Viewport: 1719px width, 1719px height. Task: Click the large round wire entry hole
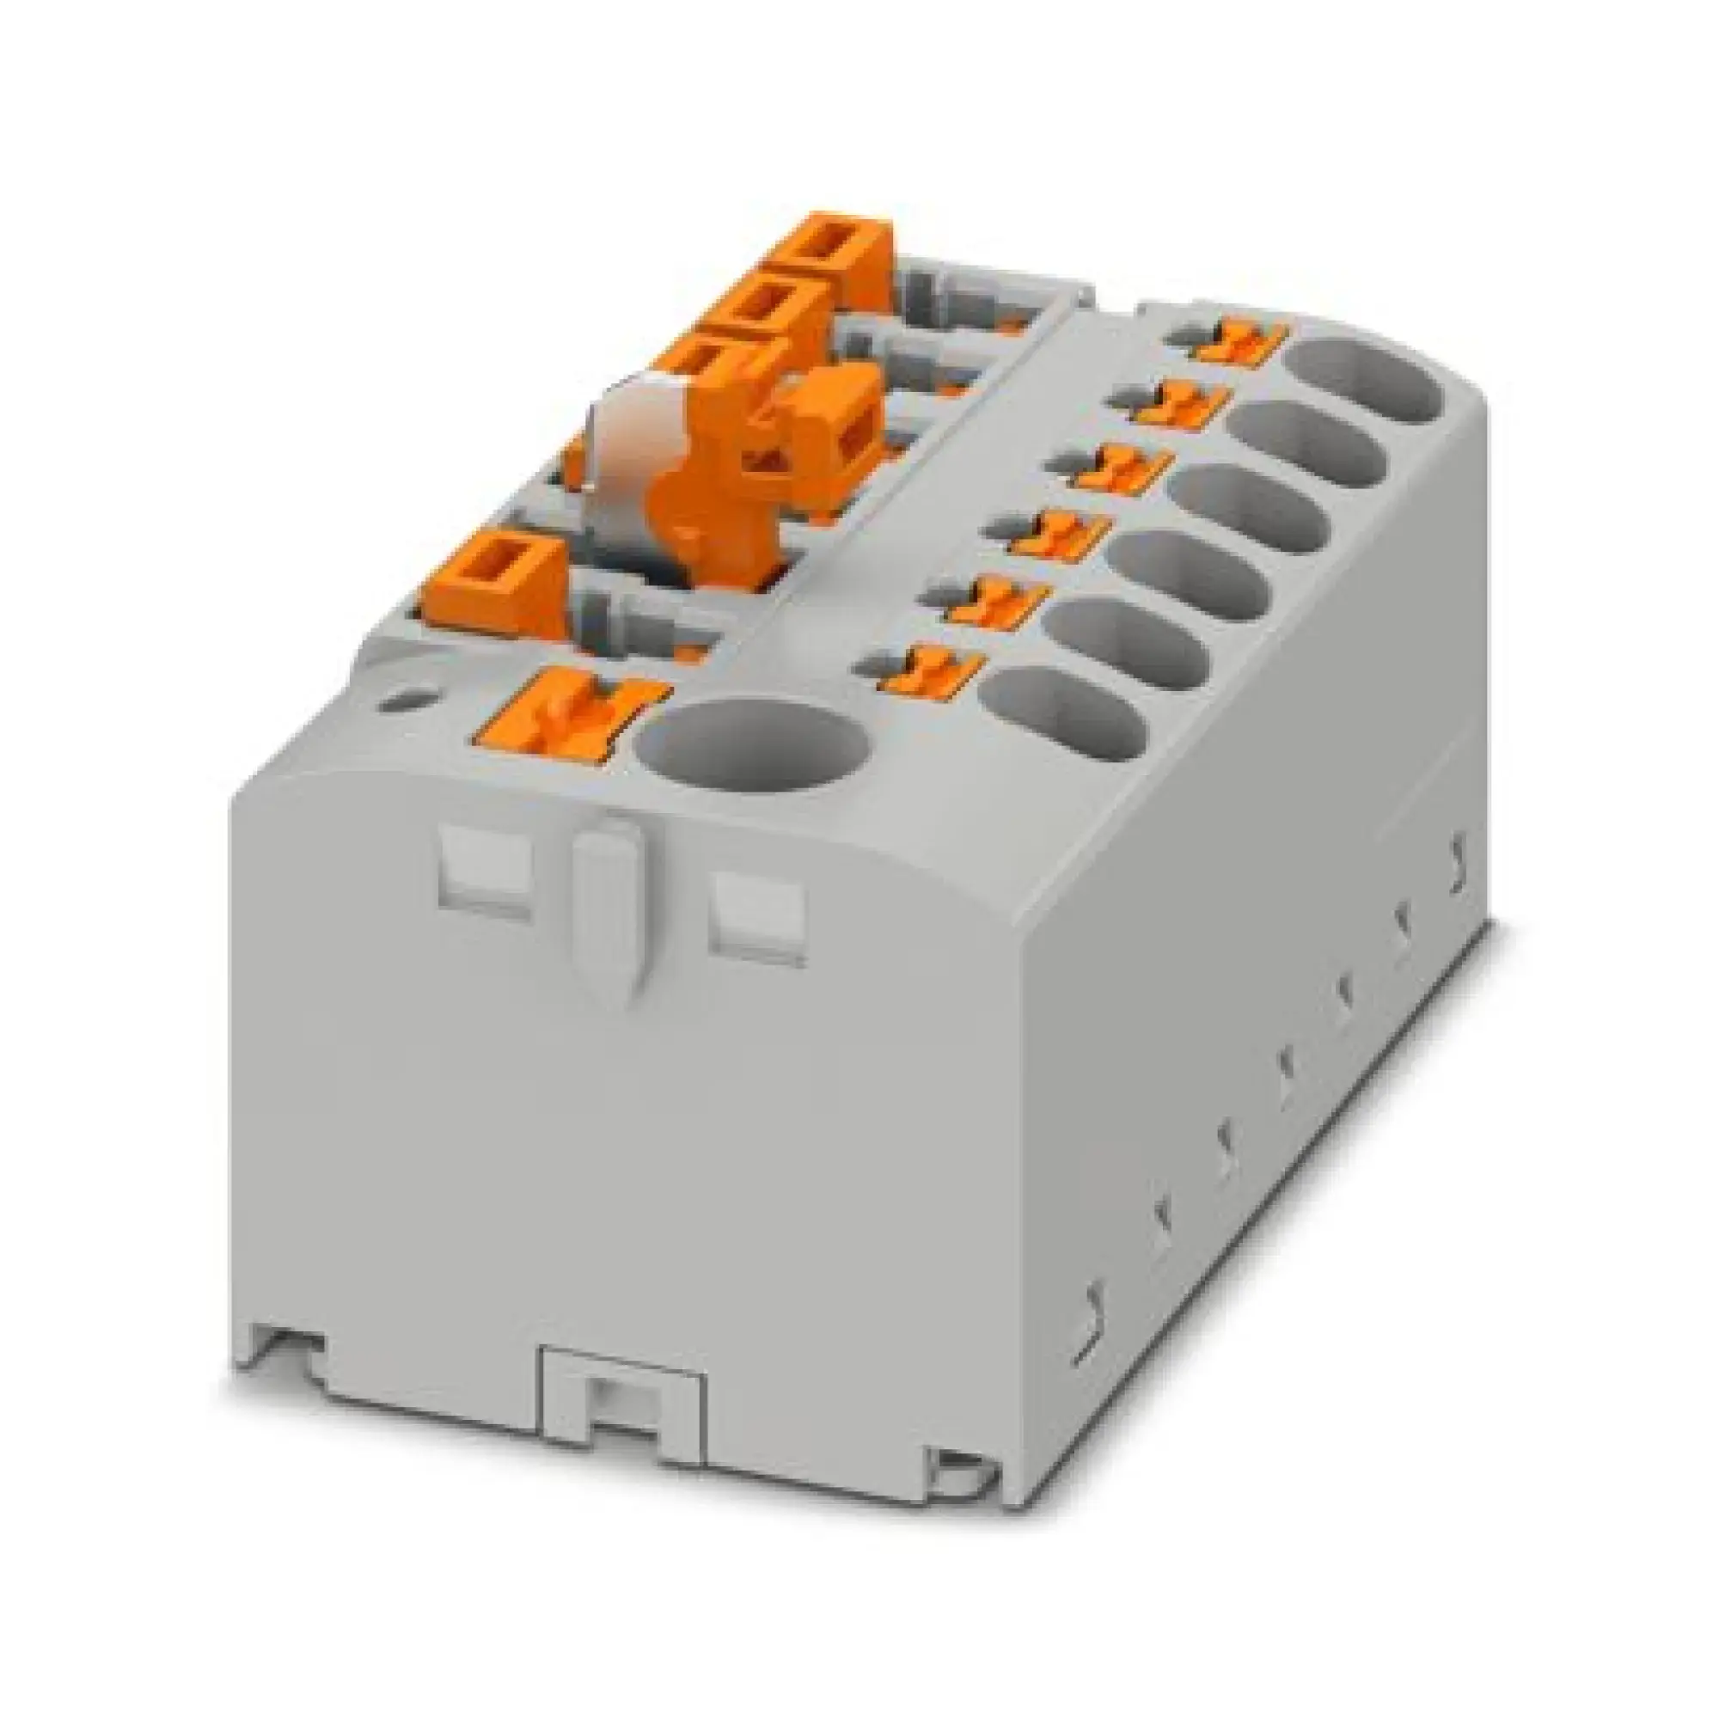[x=753, y=756]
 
